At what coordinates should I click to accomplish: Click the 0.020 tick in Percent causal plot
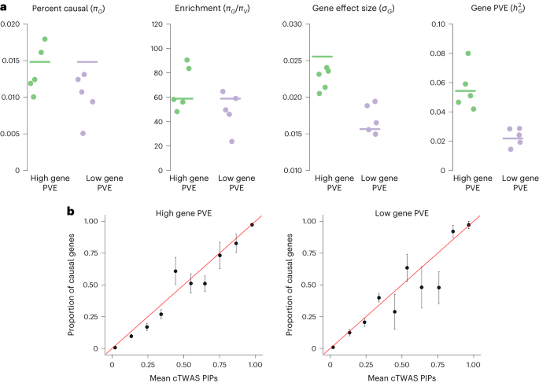click(x=11, y=24)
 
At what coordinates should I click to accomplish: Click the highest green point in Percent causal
click(x=45, y=39)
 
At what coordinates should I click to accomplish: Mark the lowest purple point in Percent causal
click(x=83, y=133)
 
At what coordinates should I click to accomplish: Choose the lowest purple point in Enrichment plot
click(x=231, y=142)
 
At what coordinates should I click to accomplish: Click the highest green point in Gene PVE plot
click(x=467, y=53)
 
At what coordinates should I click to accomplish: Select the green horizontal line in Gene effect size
click(x=322, y=57)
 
